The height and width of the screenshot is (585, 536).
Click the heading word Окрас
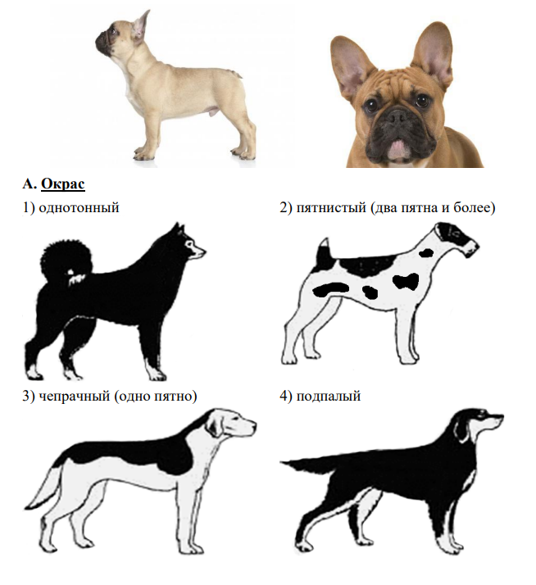point(63,184)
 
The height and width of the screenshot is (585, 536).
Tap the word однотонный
point(79,207)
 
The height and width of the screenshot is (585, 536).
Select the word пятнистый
point(331,207)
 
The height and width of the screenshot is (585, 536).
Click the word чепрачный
point(75,396)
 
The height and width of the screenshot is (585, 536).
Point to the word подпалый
point(329,396)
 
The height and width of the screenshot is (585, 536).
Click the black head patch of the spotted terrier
point(457,236)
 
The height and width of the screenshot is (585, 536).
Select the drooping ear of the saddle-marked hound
point(216,426)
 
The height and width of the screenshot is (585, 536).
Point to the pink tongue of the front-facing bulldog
point(398,147)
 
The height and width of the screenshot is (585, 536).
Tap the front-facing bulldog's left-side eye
point(372,105)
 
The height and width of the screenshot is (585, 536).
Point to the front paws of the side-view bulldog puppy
point(143,154)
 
